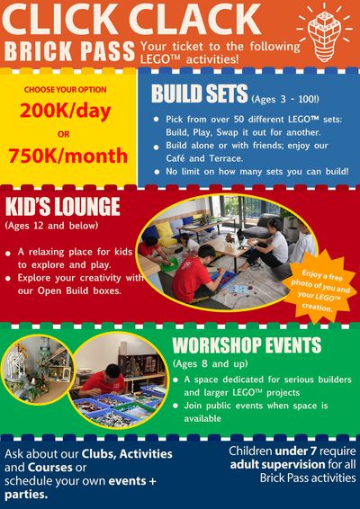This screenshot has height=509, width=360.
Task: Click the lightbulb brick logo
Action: click(x=325, y=32)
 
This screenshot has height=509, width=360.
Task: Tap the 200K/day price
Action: click(x=66, y=112)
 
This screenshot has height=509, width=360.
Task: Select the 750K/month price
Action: click(x=67, y=156)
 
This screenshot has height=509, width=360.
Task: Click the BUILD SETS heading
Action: click(x=199, y=94)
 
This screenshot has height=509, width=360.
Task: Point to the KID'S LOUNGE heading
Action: click(x=63, y=207)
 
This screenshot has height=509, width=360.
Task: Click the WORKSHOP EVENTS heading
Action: click(x=247, y=345)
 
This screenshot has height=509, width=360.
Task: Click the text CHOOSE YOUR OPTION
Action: click(x=66, y=90)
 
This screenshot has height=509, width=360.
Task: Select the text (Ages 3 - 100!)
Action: click(x=285, y=99)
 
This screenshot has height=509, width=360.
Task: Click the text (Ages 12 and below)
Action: click(x=51, y=226)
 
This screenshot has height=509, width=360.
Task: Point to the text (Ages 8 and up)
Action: click(x=211, y=363)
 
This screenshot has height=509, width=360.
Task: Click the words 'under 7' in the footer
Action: click(x=295, y=451)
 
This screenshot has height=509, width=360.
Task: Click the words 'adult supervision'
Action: click(x=277, y=465)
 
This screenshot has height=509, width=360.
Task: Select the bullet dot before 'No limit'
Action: click(x=157, y=173)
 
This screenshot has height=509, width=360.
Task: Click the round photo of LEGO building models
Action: click(x=37, y=369)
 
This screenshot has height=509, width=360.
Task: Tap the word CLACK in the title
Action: click(x=194, y=20)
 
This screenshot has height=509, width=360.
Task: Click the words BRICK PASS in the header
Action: click(x=69, y=51)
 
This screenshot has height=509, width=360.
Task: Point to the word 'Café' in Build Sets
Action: click(x=177, y=158)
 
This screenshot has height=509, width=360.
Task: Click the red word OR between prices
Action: click(x=64, y=134)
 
